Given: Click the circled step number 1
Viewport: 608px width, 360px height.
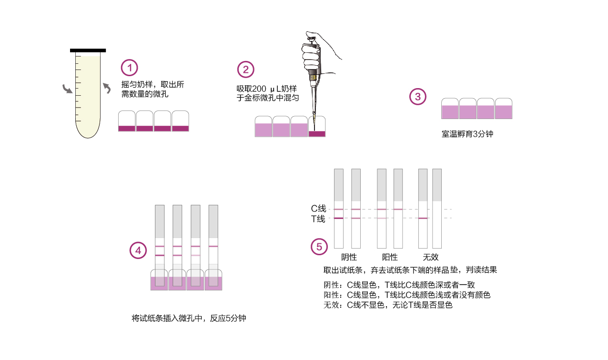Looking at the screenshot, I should coord(130,68).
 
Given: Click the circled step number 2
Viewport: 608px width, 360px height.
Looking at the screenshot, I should coord(246,70).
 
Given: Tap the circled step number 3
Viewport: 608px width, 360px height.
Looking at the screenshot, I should coord(418,97).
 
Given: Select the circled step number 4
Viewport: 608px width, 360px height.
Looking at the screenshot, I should coord(138,250).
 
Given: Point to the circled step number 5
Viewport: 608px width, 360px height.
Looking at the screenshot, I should coord(319,247).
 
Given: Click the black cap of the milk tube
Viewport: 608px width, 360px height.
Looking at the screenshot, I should coord(88,50).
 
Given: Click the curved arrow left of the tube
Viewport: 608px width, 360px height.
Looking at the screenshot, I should coord(68,90).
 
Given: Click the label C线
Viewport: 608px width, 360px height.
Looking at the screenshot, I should coord(318,209).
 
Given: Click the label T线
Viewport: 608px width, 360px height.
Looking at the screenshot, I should coord(318,219).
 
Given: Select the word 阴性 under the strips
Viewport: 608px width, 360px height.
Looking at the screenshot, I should coord(349,257).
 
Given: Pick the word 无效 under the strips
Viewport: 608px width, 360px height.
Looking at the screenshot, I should coord(431,257).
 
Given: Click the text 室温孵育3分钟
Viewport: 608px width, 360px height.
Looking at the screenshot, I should coord(467,134).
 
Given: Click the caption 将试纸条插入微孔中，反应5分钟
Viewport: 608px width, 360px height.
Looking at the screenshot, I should coord(189,318).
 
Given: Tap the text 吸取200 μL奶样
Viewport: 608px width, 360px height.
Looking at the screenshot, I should coord(267,89).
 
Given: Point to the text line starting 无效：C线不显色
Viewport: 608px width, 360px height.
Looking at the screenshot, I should coord(388,305).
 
